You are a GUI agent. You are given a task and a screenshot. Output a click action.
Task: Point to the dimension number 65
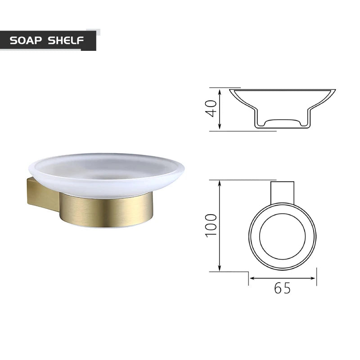[x=282, y=288]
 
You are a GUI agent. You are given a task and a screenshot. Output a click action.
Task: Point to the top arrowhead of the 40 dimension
[x=220, y=91]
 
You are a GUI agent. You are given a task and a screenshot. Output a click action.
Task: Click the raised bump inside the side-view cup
[x=282, y=121]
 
